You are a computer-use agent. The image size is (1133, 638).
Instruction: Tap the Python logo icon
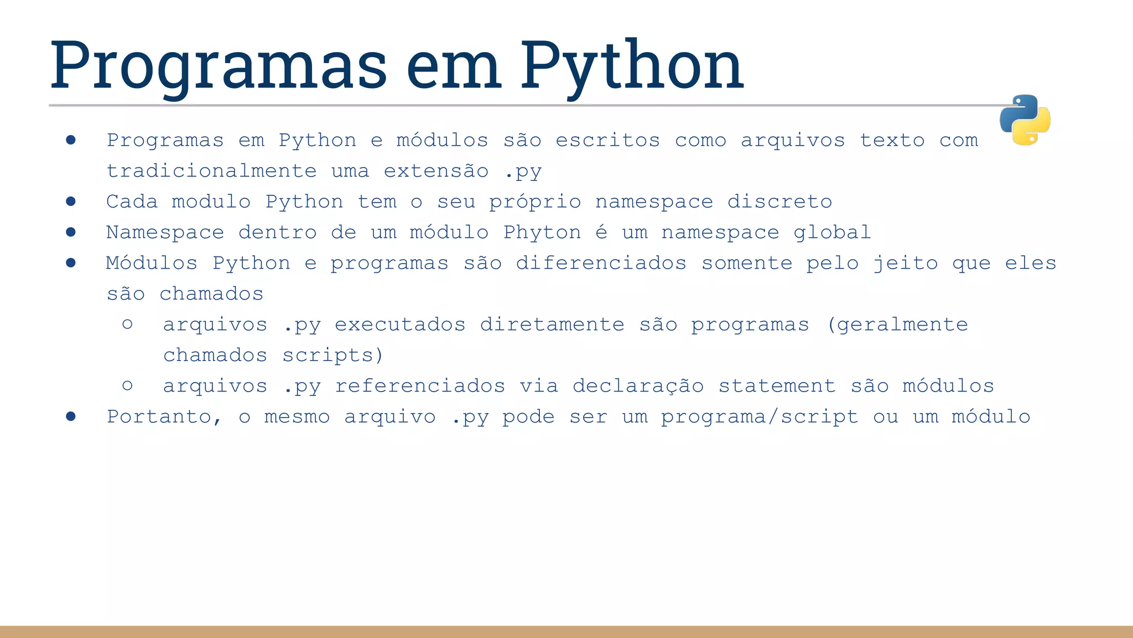pos(1025,120)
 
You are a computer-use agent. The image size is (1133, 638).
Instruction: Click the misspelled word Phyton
pos(542,232)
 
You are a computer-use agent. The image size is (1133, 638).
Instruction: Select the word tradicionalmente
pos(212,171)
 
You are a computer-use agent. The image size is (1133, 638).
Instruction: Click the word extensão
pos(436,171)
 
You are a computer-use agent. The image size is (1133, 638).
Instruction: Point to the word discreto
pos(779,202)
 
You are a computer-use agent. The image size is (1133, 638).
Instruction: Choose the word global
pos(832,232)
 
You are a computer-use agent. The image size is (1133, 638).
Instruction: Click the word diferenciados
pos(601,263)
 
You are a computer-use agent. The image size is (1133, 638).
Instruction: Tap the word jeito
pos(906,263)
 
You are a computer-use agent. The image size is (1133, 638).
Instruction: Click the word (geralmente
pos(897,325)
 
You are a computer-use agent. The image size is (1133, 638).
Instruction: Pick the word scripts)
pos(332,355)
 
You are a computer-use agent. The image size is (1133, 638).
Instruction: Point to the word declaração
pos(638,386)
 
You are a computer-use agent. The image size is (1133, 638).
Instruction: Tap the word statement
pos(777,386)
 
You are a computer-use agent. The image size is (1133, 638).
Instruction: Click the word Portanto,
pos(164,416)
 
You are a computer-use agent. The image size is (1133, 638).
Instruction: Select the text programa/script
pos(760,416)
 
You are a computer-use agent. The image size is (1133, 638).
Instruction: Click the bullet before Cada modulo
pos(71,202)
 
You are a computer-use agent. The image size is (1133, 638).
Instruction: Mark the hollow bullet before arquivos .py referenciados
pos(127,385)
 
